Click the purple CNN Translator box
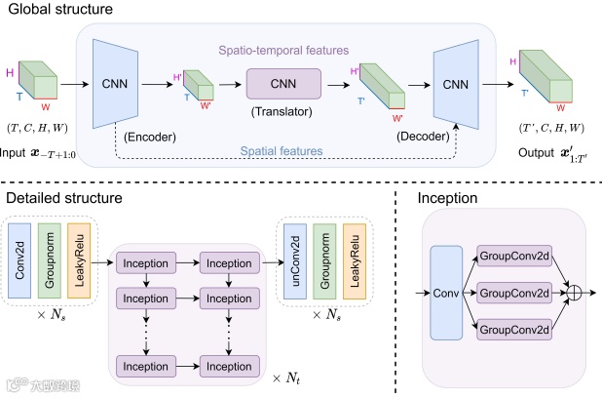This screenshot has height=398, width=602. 283,84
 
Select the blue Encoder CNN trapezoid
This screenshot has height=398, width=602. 115,84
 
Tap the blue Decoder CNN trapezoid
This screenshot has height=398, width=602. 456,84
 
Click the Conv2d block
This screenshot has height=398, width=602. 19,260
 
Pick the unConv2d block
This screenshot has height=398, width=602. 295,261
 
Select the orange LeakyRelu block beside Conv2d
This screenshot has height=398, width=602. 79,260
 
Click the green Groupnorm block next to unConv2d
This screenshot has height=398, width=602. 324,261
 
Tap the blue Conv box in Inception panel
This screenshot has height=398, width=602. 446,293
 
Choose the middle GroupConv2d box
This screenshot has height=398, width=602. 514,293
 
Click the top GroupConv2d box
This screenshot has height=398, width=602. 514,256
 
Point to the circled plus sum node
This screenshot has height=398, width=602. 575,293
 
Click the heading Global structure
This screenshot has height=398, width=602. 60,9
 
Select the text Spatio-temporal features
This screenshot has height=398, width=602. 283,51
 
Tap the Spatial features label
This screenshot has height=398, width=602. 282,151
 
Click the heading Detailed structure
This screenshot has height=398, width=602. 64,198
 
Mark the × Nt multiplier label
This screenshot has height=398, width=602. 286,378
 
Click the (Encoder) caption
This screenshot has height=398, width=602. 150,137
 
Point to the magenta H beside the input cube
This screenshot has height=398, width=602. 10,73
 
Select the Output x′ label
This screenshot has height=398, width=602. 553,154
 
